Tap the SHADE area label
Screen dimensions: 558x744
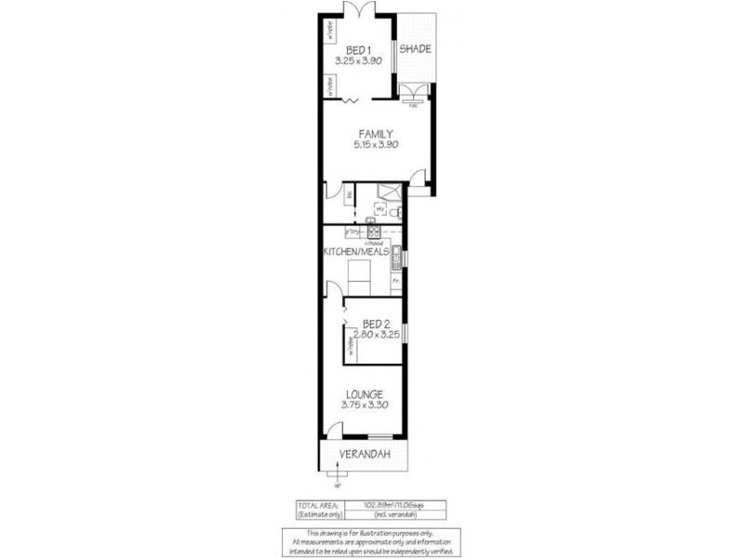click(x=415, y=49)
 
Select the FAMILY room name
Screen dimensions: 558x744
click(x=374, y=133)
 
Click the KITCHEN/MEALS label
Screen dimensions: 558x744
click(x=356, y=252)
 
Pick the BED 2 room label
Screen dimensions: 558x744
click(x=376, y=324)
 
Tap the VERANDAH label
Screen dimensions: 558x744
click(x=364, y=454)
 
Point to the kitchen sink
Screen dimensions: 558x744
click(x=395, y=252)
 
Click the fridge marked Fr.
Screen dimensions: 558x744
click(x=395, y=280)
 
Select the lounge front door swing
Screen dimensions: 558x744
click(x=331, y=431)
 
